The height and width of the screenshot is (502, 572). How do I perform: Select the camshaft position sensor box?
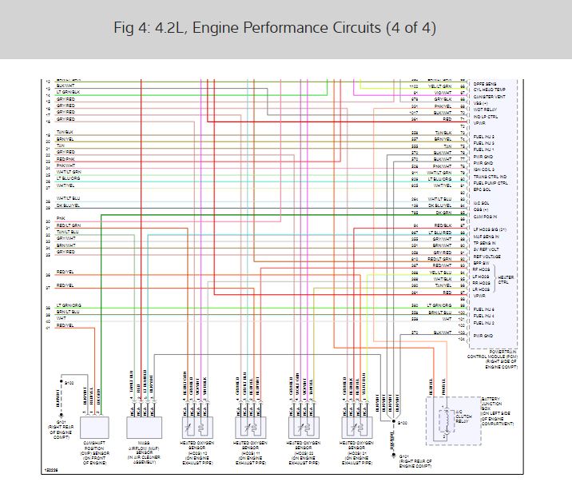click(x=95, y=425)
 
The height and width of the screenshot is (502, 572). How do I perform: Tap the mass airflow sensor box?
click(x=144, y=425)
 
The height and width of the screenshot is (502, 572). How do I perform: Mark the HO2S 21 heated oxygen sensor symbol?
click(x=353, y=425)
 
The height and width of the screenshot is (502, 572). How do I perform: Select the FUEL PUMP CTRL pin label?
click(x=491, y=183)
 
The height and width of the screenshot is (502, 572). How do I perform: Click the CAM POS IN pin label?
click(x=487, y=217)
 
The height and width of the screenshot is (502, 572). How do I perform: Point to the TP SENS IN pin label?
click(x=487, y=241)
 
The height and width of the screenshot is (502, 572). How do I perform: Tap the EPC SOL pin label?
click(x=483, y=189)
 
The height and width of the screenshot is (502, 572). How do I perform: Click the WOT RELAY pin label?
click(x=487, y=110)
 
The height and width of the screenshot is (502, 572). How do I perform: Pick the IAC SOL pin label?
click(x=482, y=203)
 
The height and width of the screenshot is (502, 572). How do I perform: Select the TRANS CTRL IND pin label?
click(x=491, y=177)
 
